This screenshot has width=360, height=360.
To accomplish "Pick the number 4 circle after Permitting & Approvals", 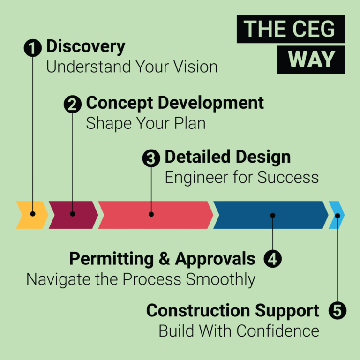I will [273, 259].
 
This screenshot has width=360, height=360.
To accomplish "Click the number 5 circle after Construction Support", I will [337, 311].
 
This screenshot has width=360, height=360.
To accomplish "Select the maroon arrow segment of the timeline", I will [73, 215].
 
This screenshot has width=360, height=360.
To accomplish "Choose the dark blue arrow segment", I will [270, 215].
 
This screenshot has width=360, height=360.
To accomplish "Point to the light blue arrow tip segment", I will [337, 215].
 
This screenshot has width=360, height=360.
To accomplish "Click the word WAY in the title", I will [311, 60].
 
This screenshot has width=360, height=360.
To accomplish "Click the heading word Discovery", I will [86, 47].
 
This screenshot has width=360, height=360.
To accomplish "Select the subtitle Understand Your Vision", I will [132, 67].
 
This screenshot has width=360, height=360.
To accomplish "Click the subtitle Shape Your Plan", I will [146, 123].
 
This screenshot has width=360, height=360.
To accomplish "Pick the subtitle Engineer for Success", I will [241, 178].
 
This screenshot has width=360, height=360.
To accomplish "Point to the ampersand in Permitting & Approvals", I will [166, 259].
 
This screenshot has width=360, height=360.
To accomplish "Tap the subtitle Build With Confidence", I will [239, 331].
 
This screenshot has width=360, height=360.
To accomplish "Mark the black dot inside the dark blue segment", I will [273, 216].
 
